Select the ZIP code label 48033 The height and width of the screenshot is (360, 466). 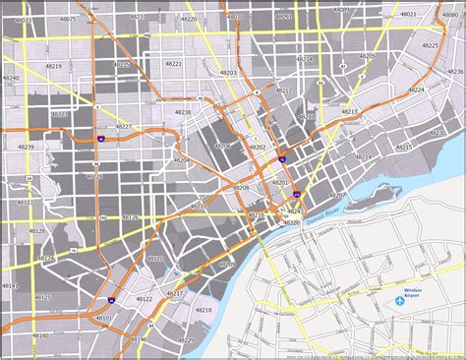pos(23,19)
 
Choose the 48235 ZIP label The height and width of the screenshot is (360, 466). pos(122,64)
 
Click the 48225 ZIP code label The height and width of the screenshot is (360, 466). pos(430,45)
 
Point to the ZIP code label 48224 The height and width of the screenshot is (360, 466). pos(416,89)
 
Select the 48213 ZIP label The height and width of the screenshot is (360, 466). pos(349,112)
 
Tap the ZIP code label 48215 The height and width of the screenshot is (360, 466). pos(404,148)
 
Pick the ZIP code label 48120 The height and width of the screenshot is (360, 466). pos(154,258)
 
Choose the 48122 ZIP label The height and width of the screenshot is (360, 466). pos(145,298)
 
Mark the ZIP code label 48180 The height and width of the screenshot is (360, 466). pos(10,286)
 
